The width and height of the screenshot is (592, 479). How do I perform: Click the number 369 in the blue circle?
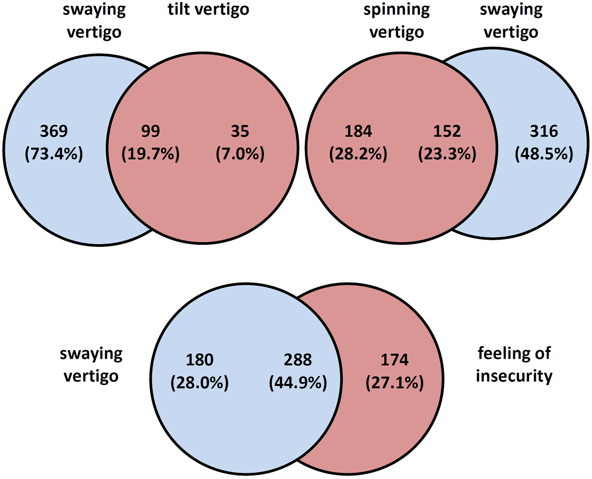click(x=54, y=131)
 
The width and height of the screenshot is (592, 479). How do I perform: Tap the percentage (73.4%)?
click(x=54, y=154)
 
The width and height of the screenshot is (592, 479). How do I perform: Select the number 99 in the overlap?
click(x=150, y=131)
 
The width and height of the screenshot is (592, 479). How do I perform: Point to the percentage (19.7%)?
click(x=150, y=154)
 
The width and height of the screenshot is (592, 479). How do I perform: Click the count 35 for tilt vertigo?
click(x=240, y=131)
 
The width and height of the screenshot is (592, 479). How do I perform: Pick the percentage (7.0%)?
click(x=240, y=154)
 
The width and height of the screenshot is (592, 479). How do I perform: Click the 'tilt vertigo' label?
click(x=208, y=9)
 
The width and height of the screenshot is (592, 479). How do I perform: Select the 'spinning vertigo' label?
click(x=397, y=21)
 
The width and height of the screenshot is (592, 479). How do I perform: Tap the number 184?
click(x=358, y=131)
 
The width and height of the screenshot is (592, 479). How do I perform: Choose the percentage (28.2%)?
click(x=358, y=154)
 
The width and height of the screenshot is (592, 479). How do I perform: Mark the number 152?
click(x=447, y=131)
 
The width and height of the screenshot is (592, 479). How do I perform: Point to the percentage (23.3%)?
click(x=447, y=154)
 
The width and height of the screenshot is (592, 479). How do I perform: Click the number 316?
click(x=544, y=131)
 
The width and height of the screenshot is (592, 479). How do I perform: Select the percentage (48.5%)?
click(x=544, y=154)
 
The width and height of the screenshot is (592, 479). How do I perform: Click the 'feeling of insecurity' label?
click(x=514, y=365)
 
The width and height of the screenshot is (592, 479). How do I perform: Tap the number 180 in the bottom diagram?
click(x=199, y=360)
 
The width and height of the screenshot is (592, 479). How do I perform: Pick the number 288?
click(x=298, y=360)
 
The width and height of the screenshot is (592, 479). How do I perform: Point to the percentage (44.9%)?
click(x=298, y=383)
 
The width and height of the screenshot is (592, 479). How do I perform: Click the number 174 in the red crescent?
click(x=395, y=360)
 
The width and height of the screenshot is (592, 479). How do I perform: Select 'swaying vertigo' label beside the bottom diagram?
click(x=91, y=365)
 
